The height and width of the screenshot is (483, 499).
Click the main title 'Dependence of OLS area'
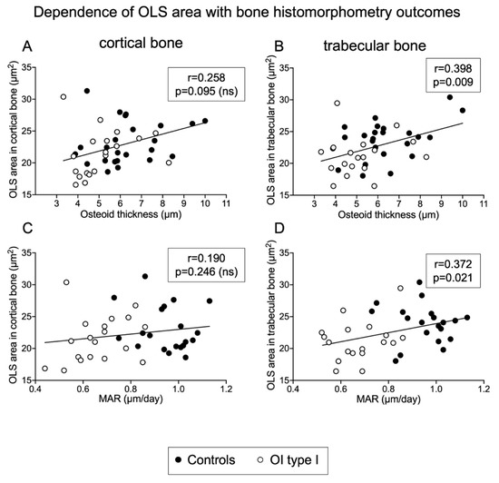pos(249,12)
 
